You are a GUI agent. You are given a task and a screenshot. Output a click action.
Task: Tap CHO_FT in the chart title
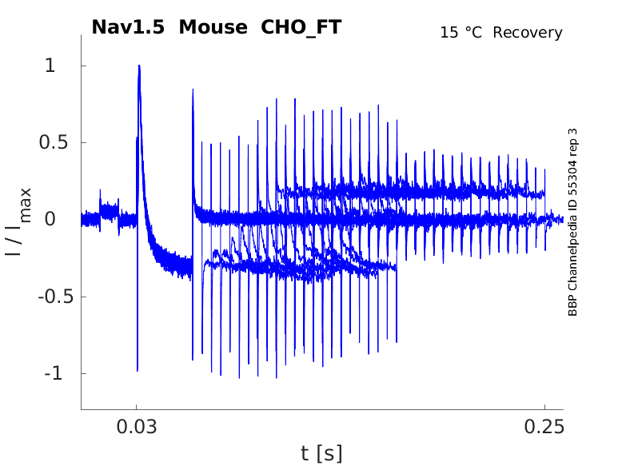(301, 27)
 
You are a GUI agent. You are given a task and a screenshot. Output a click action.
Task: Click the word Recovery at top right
(528, 33)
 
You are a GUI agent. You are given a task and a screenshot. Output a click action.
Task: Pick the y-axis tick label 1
(50, 66)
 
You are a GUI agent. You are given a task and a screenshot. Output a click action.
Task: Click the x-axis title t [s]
(321, 454)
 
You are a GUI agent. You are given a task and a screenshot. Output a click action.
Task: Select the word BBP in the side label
(572, 306)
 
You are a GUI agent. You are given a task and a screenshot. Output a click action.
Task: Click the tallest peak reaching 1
(139, 66)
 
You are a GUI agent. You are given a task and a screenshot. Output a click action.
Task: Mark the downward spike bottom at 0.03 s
(137, 370)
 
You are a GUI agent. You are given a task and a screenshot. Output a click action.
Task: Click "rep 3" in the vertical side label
(572, 145)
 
